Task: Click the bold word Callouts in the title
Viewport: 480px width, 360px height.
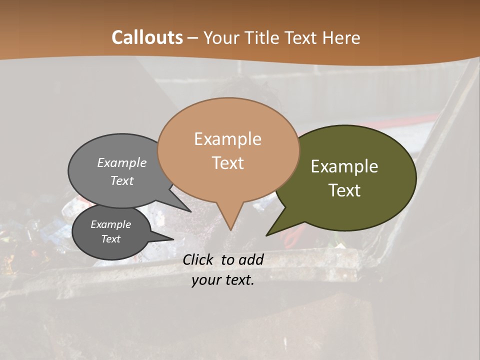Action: click(147, 37)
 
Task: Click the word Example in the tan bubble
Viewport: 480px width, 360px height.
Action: click(227, 139)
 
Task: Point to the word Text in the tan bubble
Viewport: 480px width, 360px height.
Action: click(227, 163)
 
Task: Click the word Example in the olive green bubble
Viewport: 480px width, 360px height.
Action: click(344, 166)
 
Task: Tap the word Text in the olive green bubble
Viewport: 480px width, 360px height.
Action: click(344, 190)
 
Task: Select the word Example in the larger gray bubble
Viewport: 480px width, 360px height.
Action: click(122, 162)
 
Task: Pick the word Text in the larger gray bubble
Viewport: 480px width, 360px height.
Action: click(122, 180)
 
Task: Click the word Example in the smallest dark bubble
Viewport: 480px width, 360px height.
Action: click(110, 224)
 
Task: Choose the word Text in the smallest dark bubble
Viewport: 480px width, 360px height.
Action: click(110, 239)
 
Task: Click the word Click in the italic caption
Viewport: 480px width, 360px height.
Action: click(199, 259)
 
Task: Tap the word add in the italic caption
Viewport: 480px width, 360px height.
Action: click(251, 259)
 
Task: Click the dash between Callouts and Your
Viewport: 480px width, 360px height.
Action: click(193, 38)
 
